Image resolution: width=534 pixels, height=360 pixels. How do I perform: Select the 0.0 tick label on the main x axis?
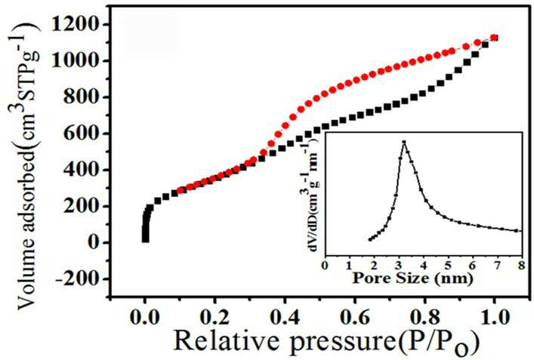[x=145, y=318]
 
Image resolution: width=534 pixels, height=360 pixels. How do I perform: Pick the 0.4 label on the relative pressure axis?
[x=285, y=318]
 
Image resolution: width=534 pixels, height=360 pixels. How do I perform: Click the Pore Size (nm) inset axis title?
[x=413, y=278]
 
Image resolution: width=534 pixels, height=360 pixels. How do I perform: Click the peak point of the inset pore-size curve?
[x=404, y=142]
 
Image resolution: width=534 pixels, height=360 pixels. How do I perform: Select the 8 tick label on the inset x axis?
[x=521, y=265]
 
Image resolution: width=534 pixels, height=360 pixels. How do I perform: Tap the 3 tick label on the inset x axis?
[x=399, y=265]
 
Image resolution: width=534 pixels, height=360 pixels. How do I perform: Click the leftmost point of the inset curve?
[x=370, y=239]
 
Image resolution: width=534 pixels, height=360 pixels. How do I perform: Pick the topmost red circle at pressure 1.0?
[x=494, y=38]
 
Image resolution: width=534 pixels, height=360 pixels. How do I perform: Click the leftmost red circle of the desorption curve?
[x=181, y=190]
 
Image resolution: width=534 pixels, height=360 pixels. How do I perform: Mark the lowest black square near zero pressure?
[x=146, y=239]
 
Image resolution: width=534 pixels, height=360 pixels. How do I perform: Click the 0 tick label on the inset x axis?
[x=326, y=265]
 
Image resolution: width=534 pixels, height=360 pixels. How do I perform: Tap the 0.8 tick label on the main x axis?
[x=424, y=318]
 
